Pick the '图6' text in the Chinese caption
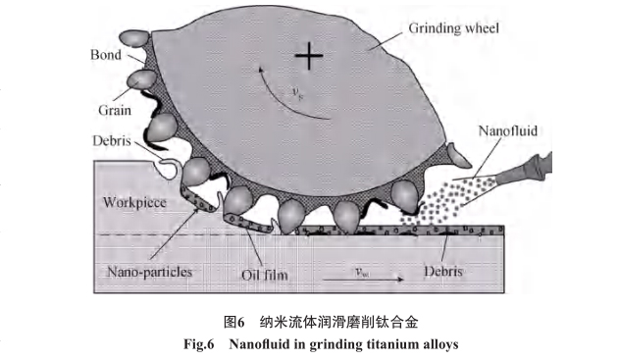pos(233,322)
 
